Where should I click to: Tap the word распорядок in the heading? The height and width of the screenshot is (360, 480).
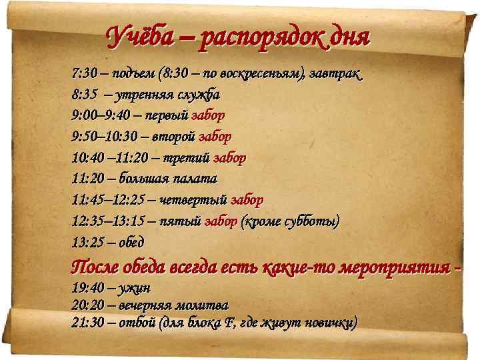point(259,35)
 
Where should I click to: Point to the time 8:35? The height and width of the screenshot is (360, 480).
point(85,94)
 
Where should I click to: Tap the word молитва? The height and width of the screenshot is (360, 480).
point(200,305)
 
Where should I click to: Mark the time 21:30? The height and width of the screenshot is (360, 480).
point(87,323)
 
